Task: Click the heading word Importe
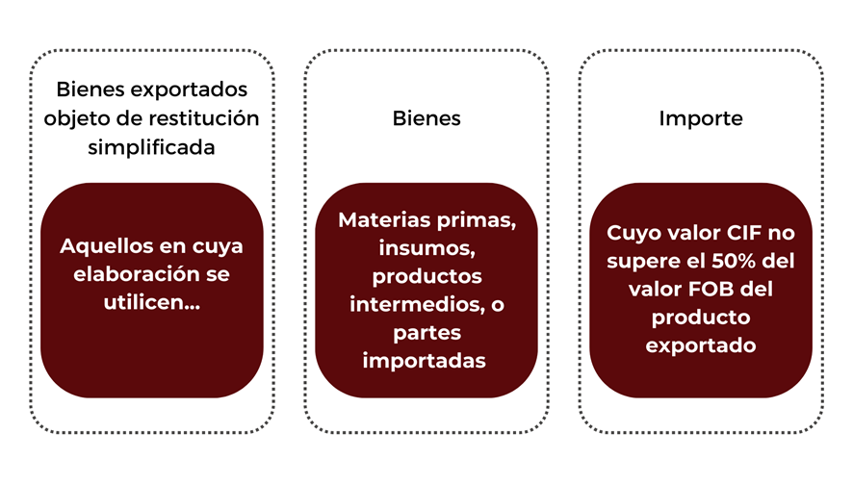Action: [701, 118]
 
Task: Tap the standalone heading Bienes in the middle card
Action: [426, 118]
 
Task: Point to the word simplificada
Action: [152, 147]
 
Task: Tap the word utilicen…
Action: [152, 302]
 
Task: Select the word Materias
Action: [384, 219]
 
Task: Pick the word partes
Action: [427, 333]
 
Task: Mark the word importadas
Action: [425, 361]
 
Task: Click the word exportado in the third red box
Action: [701, 345]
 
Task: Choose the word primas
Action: [477, 220]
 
